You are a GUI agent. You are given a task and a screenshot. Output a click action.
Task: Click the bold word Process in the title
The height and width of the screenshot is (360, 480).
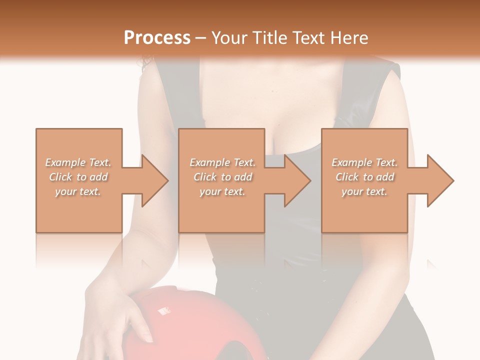pos(157,38)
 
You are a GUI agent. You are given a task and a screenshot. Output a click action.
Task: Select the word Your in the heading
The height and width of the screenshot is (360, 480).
pos(229,38)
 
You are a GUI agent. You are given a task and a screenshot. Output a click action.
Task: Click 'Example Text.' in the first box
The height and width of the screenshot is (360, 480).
pos(78,162)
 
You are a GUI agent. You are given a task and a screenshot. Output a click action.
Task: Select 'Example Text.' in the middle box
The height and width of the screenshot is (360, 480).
pos(222,162)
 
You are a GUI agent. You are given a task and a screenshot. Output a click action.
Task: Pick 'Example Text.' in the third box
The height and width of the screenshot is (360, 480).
pos(364,162)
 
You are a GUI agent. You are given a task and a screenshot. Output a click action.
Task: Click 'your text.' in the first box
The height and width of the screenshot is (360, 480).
pos(78,191)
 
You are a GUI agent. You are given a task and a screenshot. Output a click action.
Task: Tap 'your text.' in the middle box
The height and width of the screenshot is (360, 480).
pos(222,191)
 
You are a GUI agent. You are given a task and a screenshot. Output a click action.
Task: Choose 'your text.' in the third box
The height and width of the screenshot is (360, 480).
pos(364,191)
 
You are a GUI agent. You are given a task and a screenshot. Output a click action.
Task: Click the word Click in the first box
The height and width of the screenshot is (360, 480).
pos(60,177)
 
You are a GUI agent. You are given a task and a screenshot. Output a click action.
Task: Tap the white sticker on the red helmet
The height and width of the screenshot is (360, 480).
pos(163,311)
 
